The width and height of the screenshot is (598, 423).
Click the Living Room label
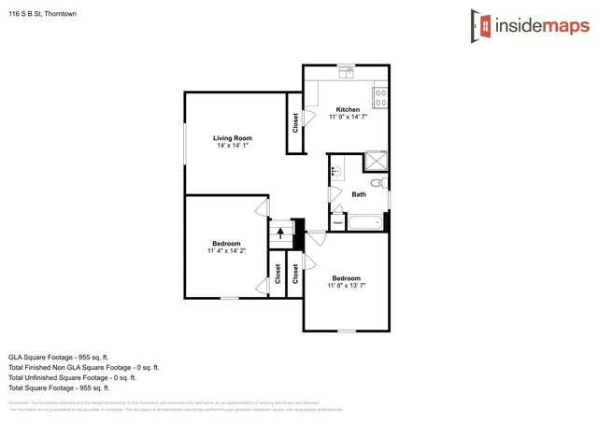click(x=233, y=138)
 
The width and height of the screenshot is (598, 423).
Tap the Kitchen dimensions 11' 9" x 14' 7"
click(x=348, y=117)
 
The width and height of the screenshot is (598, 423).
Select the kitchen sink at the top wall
click(x=346, y=69)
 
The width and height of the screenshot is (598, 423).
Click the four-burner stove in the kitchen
click(x=380, y=92)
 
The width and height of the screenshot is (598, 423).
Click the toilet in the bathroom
click(x=378, y=184)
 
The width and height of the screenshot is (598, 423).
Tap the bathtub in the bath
click(x=365, y=222)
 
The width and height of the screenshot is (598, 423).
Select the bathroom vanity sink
click(x=335, y=171)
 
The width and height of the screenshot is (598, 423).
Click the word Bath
click(x=359, y=194)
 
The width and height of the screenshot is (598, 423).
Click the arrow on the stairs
click(x=279, y=232)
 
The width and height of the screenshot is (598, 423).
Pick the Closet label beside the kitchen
click(x=296, y=122)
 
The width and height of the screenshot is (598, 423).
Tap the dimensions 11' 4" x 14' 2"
click(x=226, y=250)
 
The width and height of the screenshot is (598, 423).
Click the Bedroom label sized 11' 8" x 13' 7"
click(x=347, y=277)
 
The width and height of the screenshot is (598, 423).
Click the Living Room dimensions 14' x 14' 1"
click(x=233, y=146)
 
